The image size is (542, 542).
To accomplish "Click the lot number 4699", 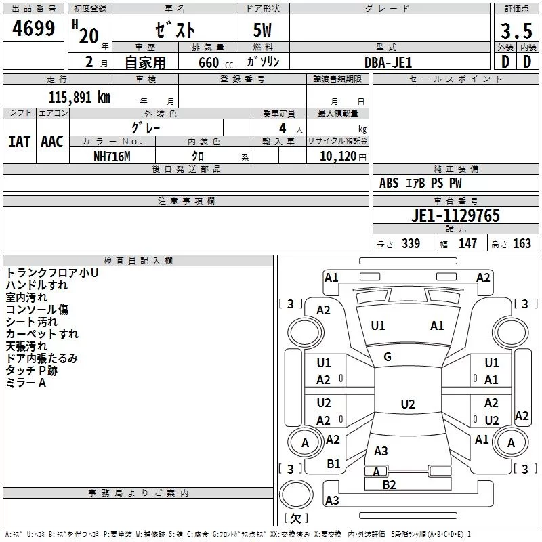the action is pyautogui.click(x=33, y=28).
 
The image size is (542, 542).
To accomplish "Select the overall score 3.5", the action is pyautogui.click(x=516, y=31).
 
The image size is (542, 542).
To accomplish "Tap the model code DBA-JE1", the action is pyautogui.click(x=388, y=62).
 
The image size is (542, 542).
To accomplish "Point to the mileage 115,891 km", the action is pyautogui.click(x=79, y=98).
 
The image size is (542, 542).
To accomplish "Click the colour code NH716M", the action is pyautogui.click(x=112, y=157).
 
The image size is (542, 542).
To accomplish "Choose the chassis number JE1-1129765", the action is pyautogui.click(x=455, y=215).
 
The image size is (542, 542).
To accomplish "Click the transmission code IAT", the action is pyautogui.click(x=20, y=142).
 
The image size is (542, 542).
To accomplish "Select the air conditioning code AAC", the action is pyautogui.click(x=52, y=142).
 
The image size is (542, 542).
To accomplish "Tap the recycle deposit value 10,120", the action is pyautogui.click(x=338, y=157).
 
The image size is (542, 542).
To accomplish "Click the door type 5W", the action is pyautogui.click(x=262, y=30).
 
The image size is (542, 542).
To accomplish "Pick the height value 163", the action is pyautogui.click(x=522, y=244).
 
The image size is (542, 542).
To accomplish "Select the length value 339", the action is pyautogui.click(x=411, y=244).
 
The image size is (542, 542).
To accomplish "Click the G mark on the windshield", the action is pyautogui.click(x=388, y=357).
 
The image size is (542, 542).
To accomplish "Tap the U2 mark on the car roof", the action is pyautogui.click(x=408, y=404).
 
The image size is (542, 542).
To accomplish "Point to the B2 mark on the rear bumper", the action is pyautogui.click(x=389, y=485).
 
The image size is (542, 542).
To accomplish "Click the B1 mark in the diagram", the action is pyautogui.click(x=333, y=464).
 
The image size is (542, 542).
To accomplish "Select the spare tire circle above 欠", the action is pyautogui.click(x=296, y=495).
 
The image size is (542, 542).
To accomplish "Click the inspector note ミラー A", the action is pyautogui.click(x=26, y=383).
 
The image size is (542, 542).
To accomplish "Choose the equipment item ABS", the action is pyautogui.click(x=389, y=183).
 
